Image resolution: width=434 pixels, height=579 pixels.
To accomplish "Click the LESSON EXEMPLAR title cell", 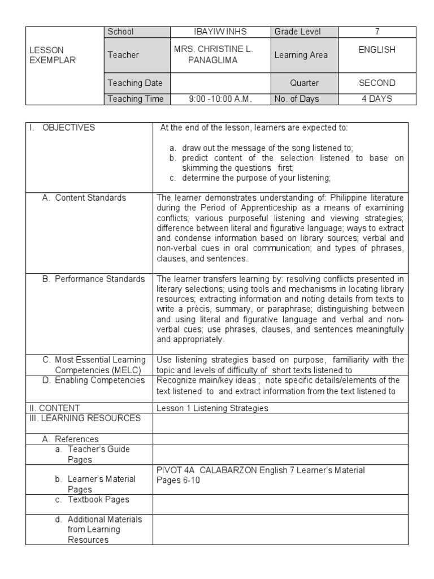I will pyautogui.click(x=52, y=55).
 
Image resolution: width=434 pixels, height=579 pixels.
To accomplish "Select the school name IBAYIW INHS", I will pyautogui.click(x=219, y=32).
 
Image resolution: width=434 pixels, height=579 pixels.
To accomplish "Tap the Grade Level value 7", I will pyautogui.click(x=377, y=32).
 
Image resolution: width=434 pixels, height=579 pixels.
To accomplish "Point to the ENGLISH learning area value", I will pyautogui.click(x=377, y=50).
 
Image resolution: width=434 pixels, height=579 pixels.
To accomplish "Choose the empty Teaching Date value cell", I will pyautogui.click(x=220, y=83).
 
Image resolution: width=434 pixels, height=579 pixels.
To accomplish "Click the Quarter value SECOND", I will pyautogui.click(x=377, y=83).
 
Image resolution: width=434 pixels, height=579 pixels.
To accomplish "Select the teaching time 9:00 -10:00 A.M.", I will pyautogui.click(x=220, y=99).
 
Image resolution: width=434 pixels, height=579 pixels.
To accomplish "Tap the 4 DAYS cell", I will pyautogui.click(x=377, y=99).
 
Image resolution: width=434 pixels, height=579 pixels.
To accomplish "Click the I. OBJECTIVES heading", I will pyautogui.click(x=63, y=128).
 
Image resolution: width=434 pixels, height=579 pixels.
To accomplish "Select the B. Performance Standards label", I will pyautogui.click(x=94, y=279).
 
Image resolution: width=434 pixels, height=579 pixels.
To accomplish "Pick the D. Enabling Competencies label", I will pyautogui.click(x=94, y=381).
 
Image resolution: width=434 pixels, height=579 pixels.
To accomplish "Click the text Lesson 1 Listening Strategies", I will pyautogui.click(x=212, y=408).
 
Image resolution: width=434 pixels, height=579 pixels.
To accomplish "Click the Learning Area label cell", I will pyautogui.click(x=301, y=55).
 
